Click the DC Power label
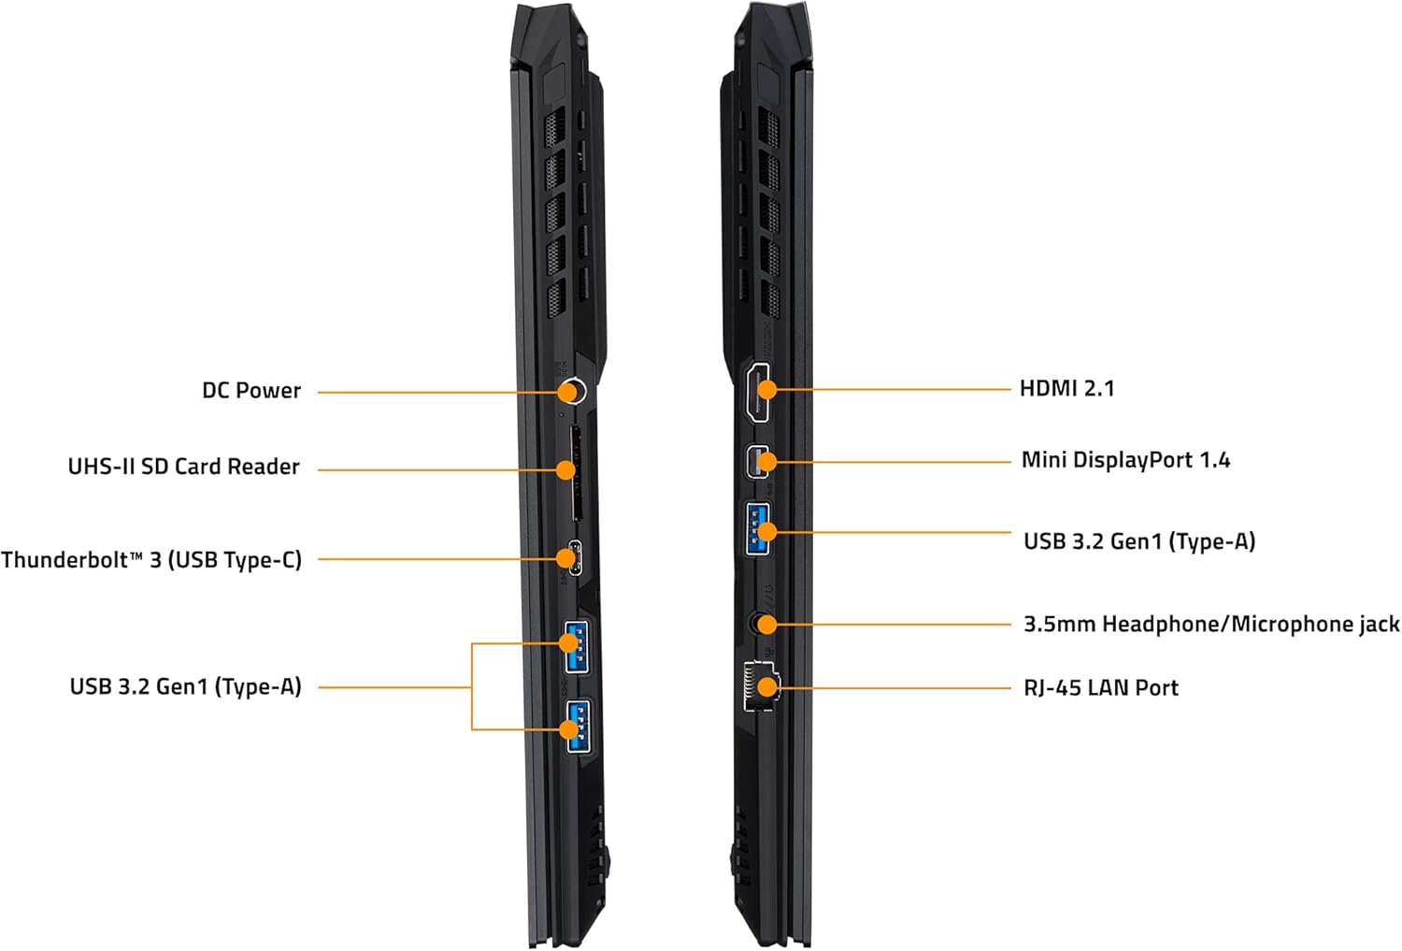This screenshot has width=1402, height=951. [251, 391]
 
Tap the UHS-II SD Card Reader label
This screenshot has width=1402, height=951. [183, 467]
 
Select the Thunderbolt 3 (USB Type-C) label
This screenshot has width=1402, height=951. [151, 560]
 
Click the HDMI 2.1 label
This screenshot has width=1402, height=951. [1066, 388]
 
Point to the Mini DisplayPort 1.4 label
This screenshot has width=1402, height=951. [1125, 460]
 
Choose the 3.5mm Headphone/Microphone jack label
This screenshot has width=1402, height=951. [1211, 624]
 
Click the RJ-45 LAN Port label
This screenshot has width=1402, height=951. [1101, 687]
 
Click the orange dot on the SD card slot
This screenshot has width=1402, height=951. [565, 469]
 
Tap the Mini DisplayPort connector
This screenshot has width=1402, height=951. [760, 461]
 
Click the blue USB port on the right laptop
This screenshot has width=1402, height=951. [759, 529]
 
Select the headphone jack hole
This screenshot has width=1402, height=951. [763, 624]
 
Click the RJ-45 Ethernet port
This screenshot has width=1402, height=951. [761, 687]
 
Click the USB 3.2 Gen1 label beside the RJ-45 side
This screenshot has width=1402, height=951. [1139, 541]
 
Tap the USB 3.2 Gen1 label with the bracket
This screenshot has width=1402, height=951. [185, 687]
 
